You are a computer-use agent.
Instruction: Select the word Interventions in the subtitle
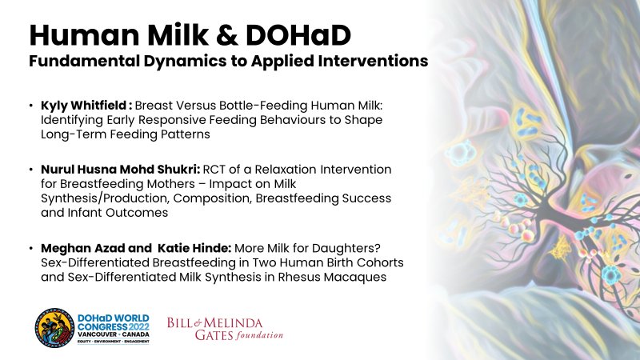pos(377,61)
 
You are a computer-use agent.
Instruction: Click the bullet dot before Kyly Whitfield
pos(30,106)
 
